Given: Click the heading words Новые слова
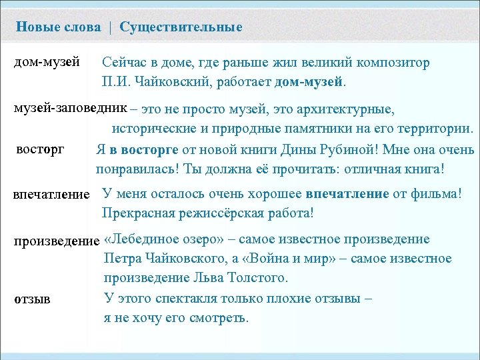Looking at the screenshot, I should [59, 27].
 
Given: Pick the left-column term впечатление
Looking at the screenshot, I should [51, 194].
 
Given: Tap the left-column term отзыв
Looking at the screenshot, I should [33, 297].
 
